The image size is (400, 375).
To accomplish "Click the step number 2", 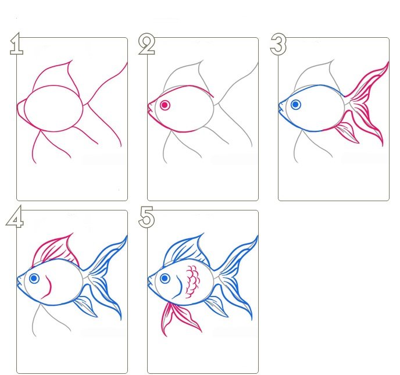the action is (147, 44).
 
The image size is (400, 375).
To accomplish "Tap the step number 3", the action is (278, 44).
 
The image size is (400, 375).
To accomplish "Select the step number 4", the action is (15, 217).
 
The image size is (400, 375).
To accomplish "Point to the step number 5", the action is (147, 217).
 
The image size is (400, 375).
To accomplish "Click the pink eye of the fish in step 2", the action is (165, 105).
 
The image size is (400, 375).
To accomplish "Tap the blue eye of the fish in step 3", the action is (296, 104).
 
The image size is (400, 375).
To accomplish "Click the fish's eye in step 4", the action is (34, 278).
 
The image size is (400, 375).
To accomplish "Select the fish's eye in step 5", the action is (165, 278).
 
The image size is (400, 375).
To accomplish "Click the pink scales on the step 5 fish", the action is (193, 281).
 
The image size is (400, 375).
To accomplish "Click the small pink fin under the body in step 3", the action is (348, 133).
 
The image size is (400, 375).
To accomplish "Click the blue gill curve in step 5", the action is (179, 288).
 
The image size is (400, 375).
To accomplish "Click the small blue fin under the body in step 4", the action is (86, 306).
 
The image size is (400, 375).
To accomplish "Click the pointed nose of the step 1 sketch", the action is (17, 106).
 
